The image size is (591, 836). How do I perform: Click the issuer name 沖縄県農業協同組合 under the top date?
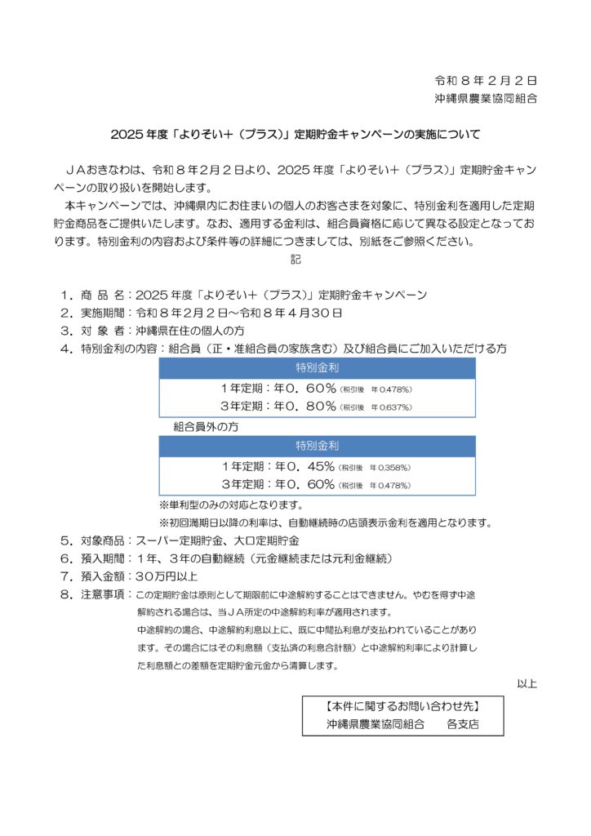tap(485, 99)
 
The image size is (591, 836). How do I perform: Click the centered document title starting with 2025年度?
tap(295, 134)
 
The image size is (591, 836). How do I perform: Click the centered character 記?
tap(295, 260)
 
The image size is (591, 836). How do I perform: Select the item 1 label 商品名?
tap(104, 294)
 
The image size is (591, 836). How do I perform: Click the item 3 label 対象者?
tap(104, 331)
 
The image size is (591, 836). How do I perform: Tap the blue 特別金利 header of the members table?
tap(317, 367)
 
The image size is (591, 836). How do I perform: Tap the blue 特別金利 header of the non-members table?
tap(317, 446)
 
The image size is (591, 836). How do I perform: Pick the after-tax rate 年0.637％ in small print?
tap(392, 407)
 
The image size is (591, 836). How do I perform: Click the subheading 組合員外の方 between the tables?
tap(206, 426)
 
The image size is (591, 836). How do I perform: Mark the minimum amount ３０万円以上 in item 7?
tap(169, 576)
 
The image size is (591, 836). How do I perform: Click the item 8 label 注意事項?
tap(104, 594)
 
